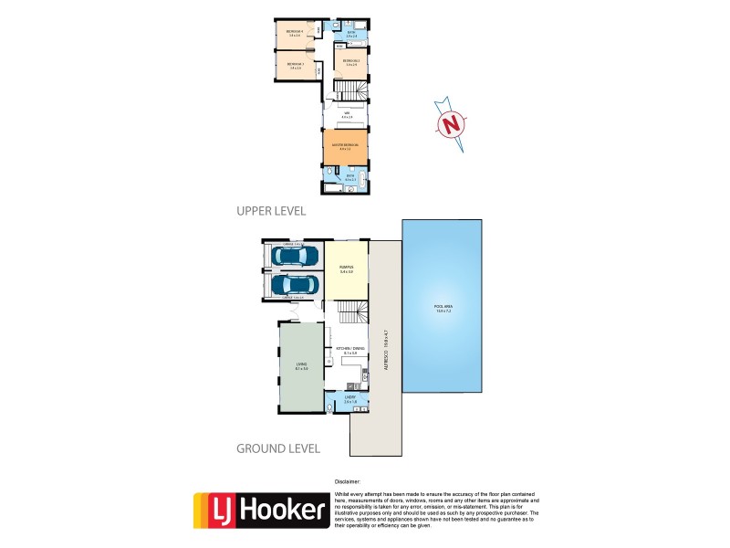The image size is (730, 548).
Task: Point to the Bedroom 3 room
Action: [295, 65]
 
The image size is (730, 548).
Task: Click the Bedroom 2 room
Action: [350, 61]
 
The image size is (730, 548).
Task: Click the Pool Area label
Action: [443, 309]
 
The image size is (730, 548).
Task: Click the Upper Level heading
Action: [271, 210]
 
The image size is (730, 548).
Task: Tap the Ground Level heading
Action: [278, 448]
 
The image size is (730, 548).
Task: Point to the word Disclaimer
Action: [348, 480]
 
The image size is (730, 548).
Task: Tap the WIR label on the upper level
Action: [346, 114]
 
